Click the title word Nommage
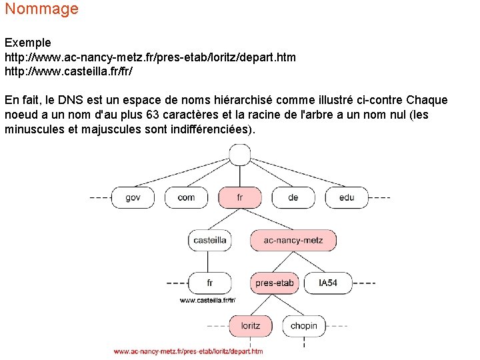coord(41,9)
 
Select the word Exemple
coord(27,43)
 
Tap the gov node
coord(133,197)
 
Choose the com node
coord(186,197)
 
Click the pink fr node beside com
coord(239,197)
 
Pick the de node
coord(293,197)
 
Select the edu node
coord(346,197)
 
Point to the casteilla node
coord(209,240)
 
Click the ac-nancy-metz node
coord(293,240)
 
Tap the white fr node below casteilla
coord(209,283)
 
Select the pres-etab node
coord(274,283)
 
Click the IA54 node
coord(328,283)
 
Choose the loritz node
coord(250,326)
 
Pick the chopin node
coord(303,326)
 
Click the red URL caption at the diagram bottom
coord(188,351)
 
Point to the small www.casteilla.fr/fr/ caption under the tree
coord(207,301)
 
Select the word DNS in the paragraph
coord(70,101)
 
